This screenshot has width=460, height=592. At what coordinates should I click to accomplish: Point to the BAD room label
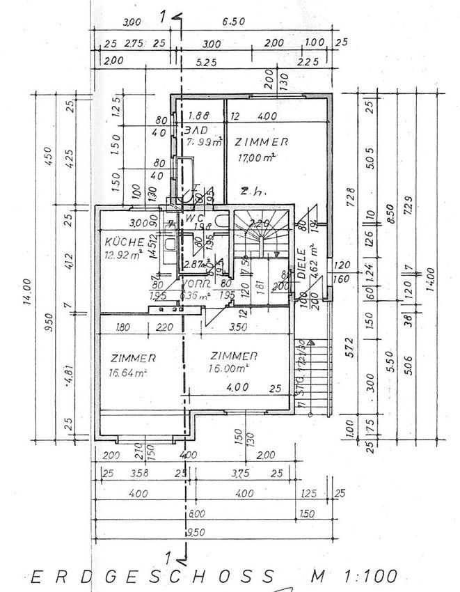coord(196,131)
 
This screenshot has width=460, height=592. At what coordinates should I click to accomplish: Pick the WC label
coord(193,217)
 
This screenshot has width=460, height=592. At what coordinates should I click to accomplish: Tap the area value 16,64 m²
coord(127,373)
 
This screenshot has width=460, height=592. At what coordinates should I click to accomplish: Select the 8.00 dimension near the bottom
coord(198,515)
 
